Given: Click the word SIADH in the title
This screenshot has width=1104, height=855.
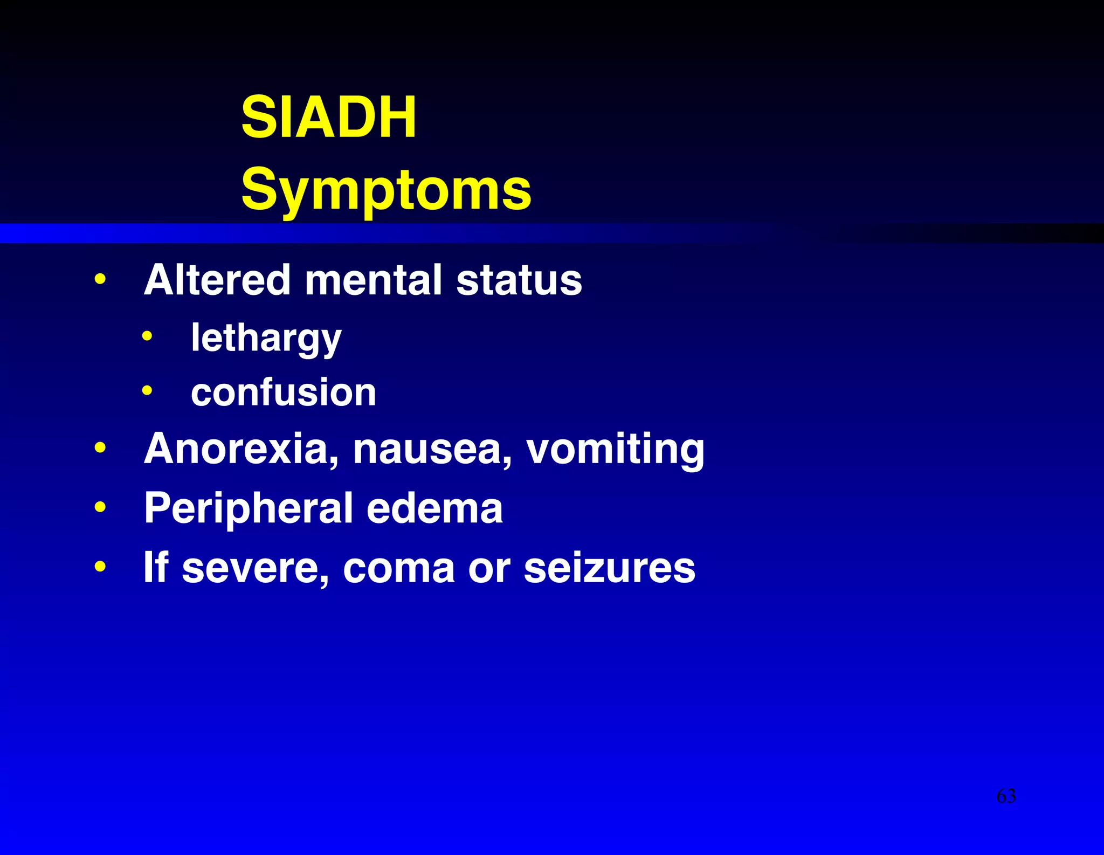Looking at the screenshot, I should pos(328,117).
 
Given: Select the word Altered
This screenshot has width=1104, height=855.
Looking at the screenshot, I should pos(217,280).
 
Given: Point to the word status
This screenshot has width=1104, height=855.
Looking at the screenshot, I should pos(519,280).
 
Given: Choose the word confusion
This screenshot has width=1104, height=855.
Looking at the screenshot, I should pos(284,392).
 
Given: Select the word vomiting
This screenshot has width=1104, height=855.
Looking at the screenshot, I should pos(615,449).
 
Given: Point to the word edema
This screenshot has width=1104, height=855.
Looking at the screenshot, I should pos(434,508).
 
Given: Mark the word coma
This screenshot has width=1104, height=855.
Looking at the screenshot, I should pos(398,568).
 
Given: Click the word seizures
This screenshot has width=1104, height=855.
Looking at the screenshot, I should pos(609,568).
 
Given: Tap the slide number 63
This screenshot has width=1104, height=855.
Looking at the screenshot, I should pos(1006,796).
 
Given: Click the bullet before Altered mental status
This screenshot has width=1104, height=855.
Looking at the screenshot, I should pos(100,280).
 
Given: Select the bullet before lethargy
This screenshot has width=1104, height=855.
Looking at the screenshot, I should pos(147,337).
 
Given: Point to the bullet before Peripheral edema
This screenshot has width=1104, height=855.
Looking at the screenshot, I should pos(100,507).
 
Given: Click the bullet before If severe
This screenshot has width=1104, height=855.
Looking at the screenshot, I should pos(100,567).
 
